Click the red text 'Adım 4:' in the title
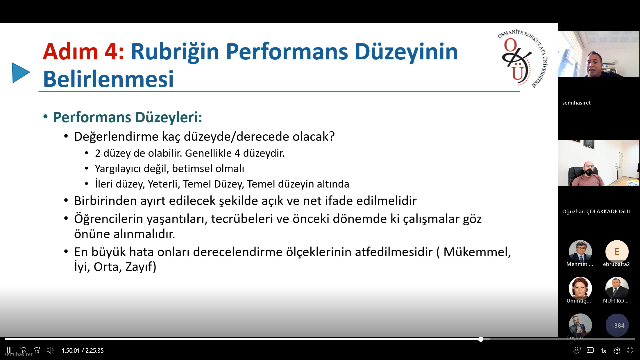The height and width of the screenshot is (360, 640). coord(83,52)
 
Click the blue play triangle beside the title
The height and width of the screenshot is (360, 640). coord(21,73)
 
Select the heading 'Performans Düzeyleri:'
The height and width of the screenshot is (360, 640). coord(128,117)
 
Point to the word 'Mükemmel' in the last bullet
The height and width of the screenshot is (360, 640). coord(477,252)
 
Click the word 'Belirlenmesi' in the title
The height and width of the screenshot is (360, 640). coord(108,79)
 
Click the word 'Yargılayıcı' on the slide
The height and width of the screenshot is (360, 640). coord(118,169)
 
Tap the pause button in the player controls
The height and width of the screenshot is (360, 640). coord(10,350)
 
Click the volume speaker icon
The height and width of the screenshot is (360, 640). coord(50,350)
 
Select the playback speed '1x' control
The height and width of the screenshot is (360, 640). coord(603,350)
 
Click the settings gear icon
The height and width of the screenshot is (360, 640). coord(617,350)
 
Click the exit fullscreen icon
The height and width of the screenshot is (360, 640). coord(630,350)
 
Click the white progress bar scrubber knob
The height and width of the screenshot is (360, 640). coord(481,339)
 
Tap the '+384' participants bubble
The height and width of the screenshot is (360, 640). coord(617,325)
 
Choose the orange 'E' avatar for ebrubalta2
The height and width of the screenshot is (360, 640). coord(617,252)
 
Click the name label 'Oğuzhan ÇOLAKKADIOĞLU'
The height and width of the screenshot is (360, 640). coord(596,211)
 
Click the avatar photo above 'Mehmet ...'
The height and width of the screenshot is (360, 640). coord(580,252)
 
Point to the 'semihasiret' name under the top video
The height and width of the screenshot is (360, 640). coord(576,103)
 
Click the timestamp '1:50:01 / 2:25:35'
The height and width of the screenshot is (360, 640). coord(83,350)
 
